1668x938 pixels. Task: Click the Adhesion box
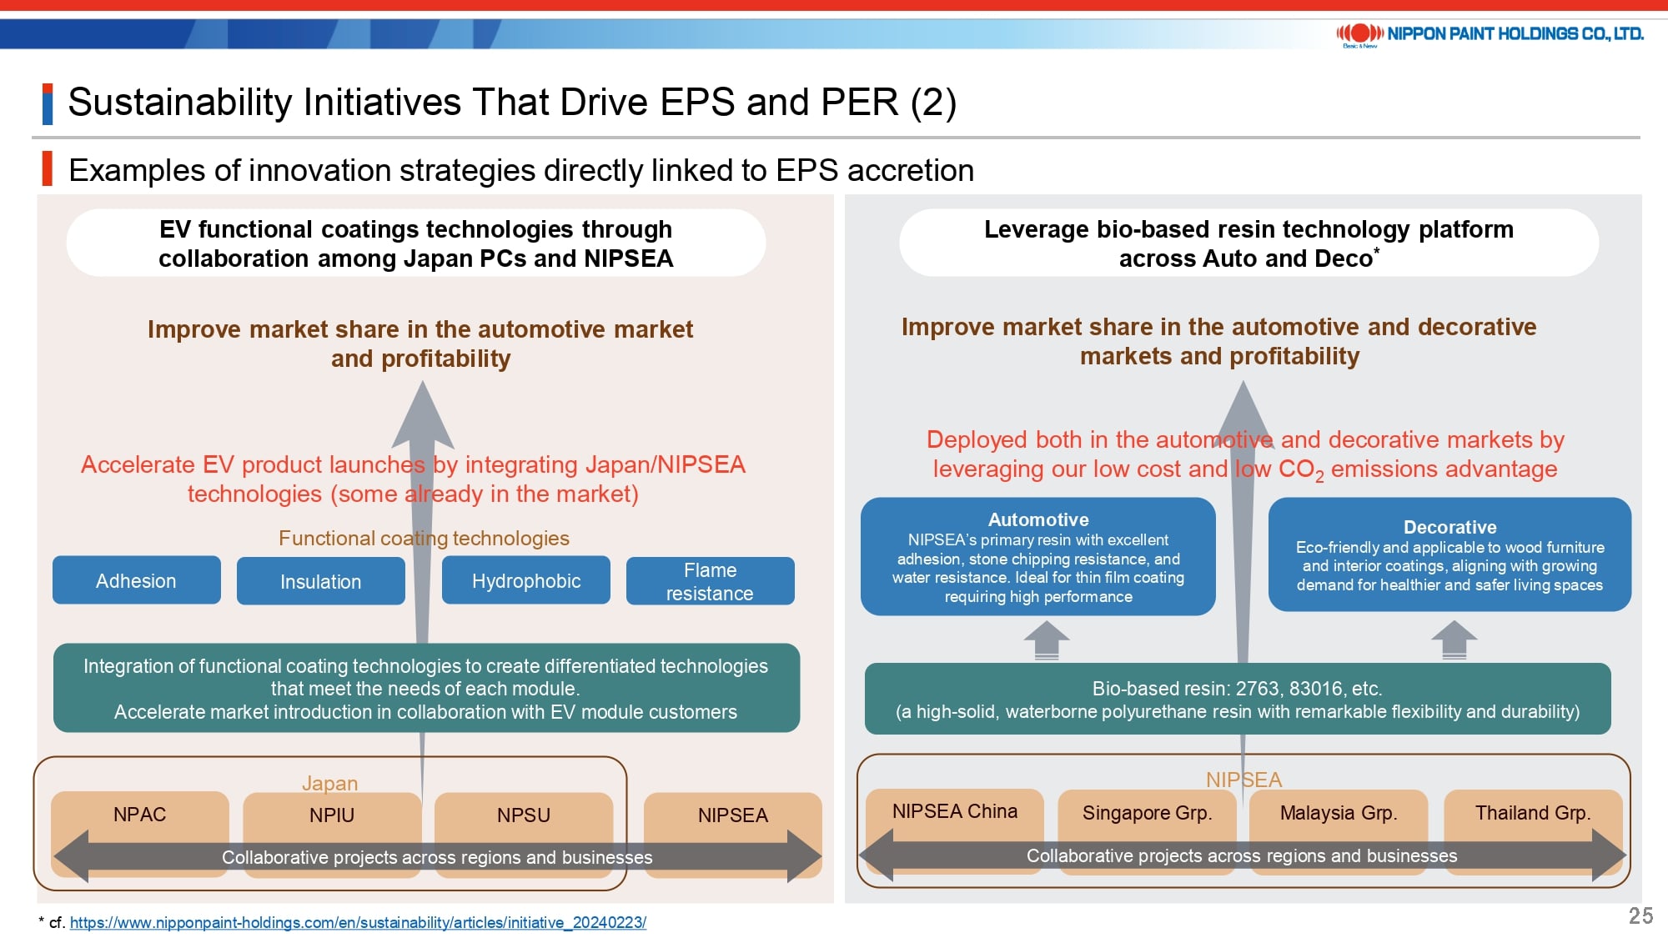click(x=137, y=580)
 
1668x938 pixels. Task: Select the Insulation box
click(x=321, y=581)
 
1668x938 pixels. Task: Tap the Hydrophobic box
click(x=526, y=580)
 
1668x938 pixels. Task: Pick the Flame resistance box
click(x=711, y=581)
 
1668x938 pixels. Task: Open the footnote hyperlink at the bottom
click(x=358, y=922)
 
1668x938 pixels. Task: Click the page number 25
click(x=1640, y=915)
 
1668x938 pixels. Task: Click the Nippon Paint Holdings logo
click(x=1490, y=34)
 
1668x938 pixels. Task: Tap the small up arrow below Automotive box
click(x=1047, y=640)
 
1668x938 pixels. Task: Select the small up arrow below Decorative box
click(x=1454, y=640)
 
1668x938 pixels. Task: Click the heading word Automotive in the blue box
click(x=1038, y=519)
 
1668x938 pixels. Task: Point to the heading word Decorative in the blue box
click(x=1450, y=527)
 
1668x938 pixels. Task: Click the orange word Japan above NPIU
click(x=330, y=783)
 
